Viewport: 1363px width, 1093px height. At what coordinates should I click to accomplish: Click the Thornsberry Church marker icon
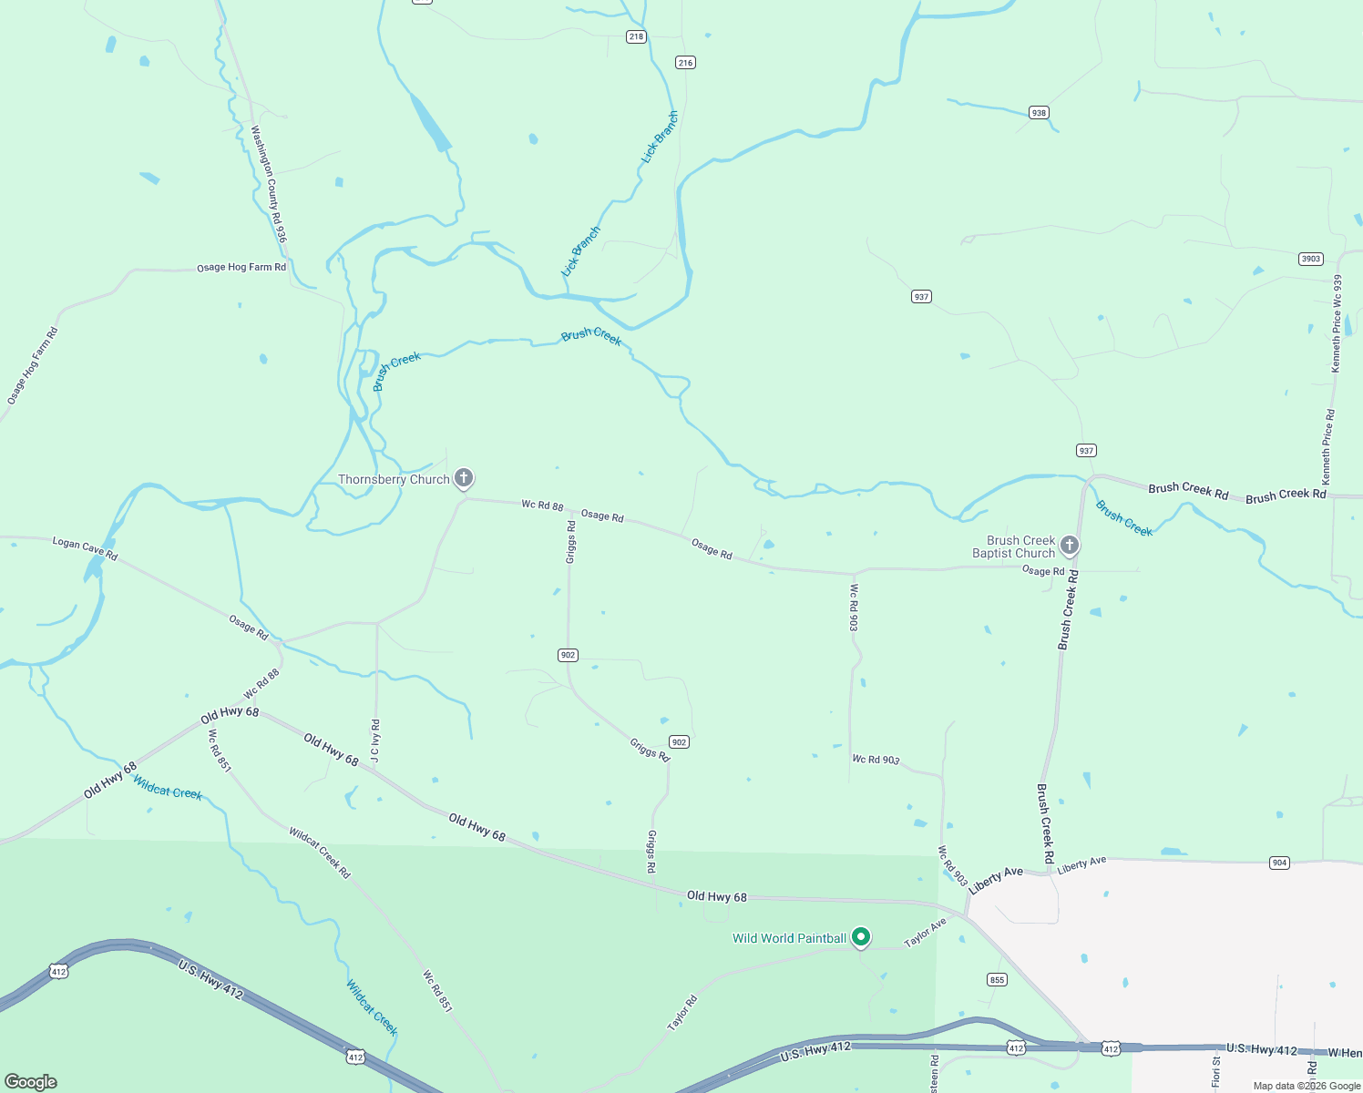coord(464,477)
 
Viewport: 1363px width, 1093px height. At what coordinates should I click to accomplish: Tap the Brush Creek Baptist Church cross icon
coord(1070,545)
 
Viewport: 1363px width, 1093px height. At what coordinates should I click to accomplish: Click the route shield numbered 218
coord(636,37)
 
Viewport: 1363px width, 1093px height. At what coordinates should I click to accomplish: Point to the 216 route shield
coord(685,63)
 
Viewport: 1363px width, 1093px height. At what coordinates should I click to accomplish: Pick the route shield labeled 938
coord(1039,113)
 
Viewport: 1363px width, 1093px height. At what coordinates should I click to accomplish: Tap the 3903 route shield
coord(1310,259)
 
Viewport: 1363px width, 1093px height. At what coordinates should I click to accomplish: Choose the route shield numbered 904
coord(1279,863)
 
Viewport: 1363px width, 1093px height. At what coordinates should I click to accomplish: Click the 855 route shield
coord(997,979)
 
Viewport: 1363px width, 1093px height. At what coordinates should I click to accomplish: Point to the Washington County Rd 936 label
coord(269,183)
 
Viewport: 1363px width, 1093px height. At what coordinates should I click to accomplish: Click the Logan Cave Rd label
coord(85,548)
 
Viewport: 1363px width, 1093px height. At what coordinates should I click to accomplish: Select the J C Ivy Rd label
coord(375,741)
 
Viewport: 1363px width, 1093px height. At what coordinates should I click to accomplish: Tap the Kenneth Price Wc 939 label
coord(1337,323)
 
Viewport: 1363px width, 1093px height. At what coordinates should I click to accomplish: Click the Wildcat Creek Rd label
coord(320,853)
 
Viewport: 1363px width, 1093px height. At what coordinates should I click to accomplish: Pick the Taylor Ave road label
coord(925,932)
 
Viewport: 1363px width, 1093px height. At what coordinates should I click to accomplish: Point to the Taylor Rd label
coord(682,1013)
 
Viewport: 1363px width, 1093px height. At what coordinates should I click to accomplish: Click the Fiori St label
coord(1216,1073)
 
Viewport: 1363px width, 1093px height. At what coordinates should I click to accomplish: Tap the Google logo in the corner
coord(31,1082)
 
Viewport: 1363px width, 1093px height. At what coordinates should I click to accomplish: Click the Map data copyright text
coord(1307,1086)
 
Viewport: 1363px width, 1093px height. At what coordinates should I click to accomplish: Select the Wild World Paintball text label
coord(789,938)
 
